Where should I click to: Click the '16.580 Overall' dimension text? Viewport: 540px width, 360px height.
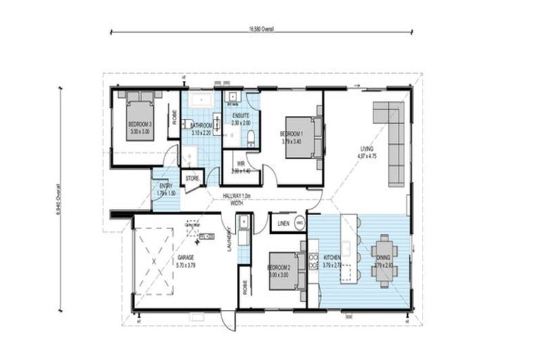point(260,30)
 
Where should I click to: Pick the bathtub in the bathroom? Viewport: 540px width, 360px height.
point(201,101)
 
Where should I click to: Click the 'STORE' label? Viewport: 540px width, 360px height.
point(193,179)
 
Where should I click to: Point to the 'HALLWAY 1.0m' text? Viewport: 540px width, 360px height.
point(235,195)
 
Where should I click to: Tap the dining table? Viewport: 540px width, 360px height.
point(384,260)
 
